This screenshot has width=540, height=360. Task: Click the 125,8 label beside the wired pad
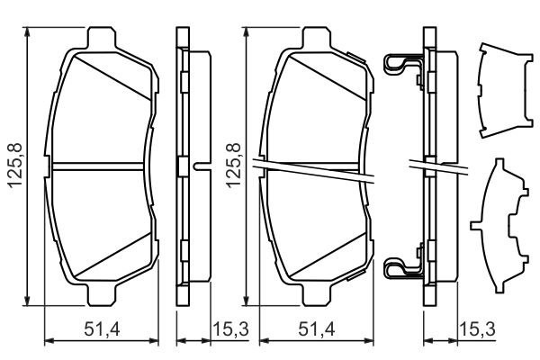pos(233,166)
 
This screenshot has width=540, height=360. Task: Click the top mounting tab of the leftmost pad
pos(100,39)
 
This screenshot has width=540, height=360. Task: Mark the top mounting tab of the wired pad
pos(317,39)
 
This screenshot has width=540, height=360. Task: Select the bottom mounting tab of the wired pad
pos(318,294)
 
